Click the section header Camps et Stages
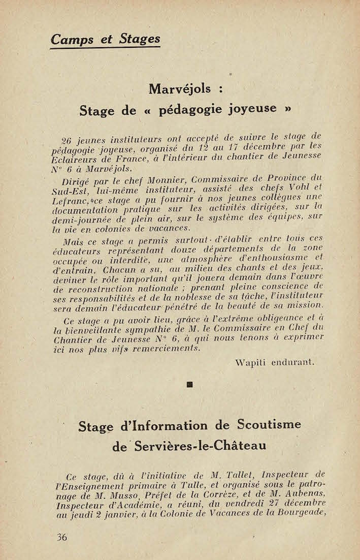tap(105, 38)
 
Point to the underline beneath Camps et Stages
tap(105, 48)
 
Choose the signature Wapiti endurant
tap(275, 362)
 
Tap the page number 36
tap(62, 537)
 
